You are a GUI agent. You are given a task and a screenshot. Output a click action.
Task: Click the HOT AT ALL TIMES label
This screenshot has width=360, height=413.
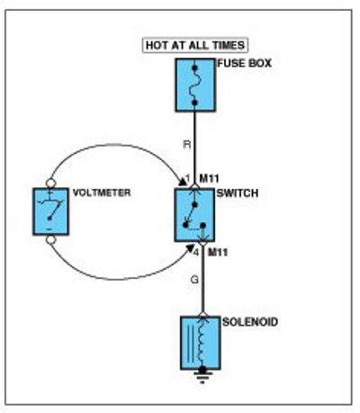pos(195,45)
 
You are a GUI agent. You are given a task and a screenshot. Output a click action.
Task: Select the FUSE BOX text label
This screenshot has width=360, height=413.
pos(244,63)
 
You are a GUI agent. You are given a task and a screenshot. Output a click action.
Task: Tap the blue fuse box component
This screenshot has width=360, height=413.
pos(195,85)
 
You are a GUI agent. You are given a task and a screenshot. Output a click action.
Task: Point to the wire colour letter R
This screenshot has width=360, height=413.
pos(187,145)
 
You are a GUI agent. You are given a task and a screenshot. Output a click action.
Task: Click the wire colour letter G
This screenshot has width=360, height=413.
pos(194,280)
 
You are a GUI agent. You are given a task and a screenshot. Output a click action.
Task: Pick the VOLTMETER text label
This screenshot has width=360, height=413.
pos(102,193)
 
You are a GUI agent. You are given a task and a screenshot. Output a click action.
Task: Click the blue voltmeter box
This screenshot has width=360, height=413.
pos(50,211)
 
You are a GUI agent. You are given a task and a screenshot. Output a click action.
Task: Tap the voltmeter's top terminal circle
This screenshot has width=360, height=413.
pos(50,183)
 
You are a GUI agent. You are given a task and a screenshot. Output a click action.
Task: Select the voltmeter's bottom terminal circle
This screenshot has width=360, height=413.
pos(50,239)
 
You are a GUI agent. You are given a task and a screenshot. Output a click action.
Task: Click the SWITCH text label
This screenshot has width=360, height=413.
pos(238,193)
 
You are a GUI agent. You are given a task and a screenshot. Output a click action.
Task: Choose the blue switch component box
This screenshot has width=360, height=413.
pos(194,215)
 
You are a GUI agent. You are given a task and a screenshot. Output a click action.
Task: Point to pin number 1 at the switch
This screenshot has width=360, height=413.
pos(188,179)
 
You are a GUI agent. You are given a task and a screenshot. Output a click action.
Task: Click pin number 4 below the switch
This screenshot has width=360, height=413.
pos(196,253)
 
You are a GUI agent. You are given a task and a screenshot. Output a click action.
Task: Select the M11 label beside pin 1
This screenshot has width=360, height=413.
pos(210,179)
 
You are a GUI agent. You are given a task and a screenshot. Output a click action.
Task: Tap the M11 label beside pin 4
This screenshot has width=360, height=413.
pos(218,253)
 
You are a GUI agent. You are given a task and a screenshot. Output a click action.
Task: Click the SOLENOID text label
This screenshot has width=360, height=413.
pos(250,322)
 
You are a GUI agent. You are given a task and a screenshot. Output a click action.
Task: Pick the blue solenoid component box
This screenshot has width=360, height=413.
pos(201,343)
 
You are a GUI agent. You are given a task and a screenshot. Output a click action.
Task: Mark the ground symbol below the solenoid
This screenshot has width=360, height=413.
pos(202,376)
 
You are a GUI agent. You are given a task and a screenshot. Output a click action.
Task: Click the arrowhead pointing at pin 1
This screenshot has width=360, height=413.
pos(182,182)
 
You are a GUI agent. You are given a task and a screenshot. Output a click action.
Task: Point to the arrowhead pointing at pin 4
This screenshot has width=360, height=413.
pos(190,247)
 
